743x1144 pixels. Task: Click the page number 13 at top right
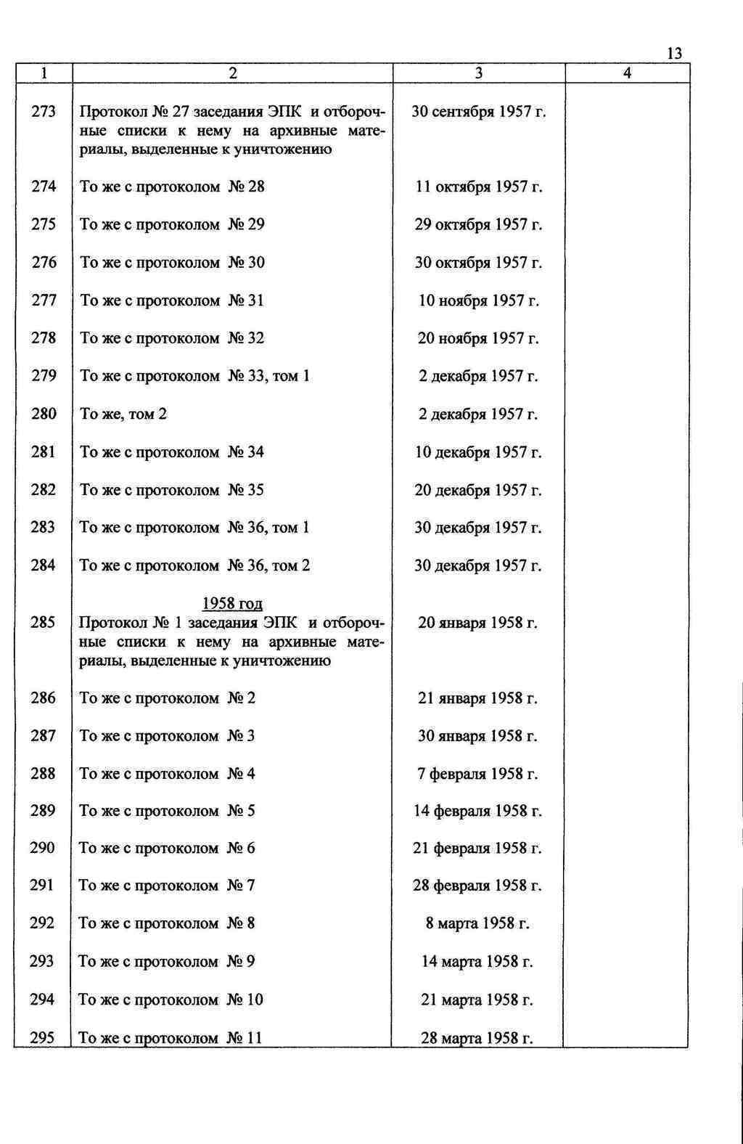[x=673, y=54]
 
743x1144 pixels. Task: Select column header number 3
[x=479, y=73]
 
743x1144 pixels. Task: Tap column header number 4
[x=627, y=73]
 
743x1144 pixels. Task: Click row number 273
[x=44, y=112]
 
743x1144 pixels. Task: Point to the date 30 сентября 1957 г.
[x=479, y=112]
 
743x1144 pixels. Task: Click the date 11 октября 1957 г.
[x=479, y=187]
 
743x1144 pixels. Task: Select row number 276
[x=44, y=263]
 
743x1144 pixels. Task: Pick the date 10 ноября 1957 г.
[x=479, y=301]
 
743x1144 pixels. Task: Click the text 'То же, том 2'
[x=123, y=414]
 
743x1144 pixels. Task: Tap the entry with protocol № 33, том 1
[x=194, y=376]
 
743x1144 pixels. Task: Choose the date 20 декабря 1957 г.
[x=478, y=490]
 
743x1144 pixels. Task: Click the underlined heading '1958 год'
[x=232, y=604]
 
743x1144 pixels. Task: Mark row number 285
[x=43, y=623]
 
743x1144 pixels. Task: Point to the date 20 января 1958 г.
[x=478, y=623]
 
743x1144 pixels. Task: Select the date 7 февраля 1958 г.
[x=477, y=774]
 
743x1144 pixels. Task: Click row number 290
[x=42, y=848]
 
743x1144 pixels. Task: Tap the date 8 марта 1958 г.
[x=477, y=923]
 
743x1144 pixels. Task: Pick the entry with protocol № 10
[x=171, y=1000]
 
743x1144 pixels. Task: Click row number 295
[x=42, y=1038]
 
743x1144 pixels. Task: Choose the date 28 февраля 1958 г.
[x=477, y=886]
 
